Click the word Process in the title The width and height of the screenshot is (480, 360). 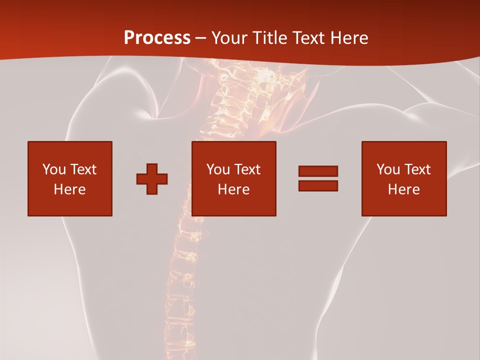pos(157,37)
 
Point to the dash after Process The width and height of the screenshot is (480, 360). pos(200,38)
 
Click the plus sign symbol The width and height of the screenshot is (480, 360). pos(152,178)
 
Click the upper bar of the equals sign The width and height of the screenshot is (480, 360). pos(318,171)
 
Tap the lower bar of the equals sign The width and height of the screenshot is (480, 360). pos(318,185)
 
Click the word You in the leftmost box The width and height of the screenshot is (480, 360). pos(54,169)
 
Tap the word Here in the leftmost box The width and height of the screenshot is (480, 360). pos(69,189)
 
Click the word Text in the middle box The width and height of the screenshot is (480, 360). pos(247,169)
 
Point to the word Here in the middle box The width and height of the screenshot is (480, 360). pos(233,189)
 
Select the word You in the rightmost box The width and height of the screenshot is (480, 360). pos(388,169)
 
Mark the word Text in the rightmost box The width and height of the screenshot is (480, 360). pos(417,169)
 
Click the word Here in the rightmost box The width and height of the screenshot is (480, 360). pos(403,189)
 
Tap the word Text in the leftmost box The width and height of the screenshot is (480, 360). pos(83,169)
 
